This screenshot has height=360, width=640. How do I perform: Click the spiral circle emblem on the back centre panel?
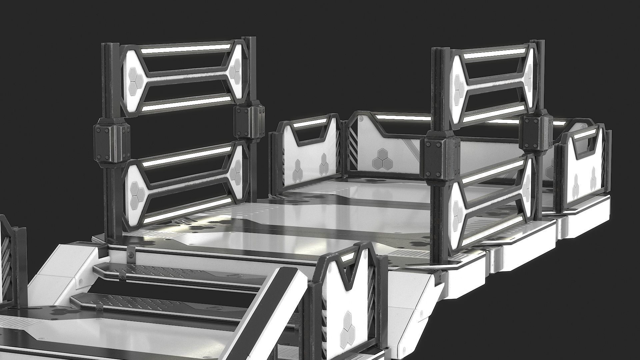[x=361, y=118]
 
